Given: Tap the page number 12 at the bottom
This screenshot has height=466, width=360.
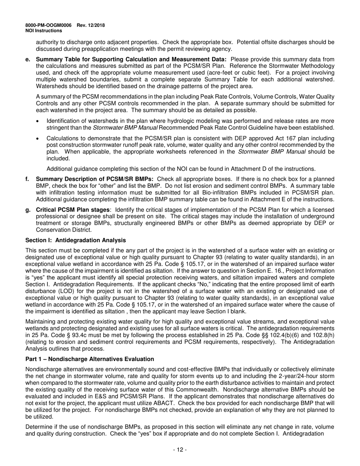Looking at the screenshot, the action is pyautogui.click(x=180, y=450).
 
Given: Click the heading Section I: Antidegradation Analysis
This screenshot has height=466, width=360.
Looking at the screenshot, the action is pyautogui.click(x=75, y=240).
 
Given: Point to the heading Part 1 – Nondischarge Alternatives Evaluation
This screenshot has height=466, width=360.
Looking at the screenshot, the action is pyautogui.click(x=89, y=359).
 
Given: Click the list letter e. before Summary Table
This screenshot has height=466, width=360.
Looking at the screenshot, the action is pyautogui.click(x=27, y=59).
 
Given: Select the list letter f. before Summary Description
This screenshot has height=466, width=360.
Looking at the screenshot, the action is pyautogui.click(x=27, y=179).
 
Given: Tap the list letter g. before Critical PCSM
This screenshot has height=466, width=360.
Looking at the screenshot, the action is pyautogui.click(x=27, y=210).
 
